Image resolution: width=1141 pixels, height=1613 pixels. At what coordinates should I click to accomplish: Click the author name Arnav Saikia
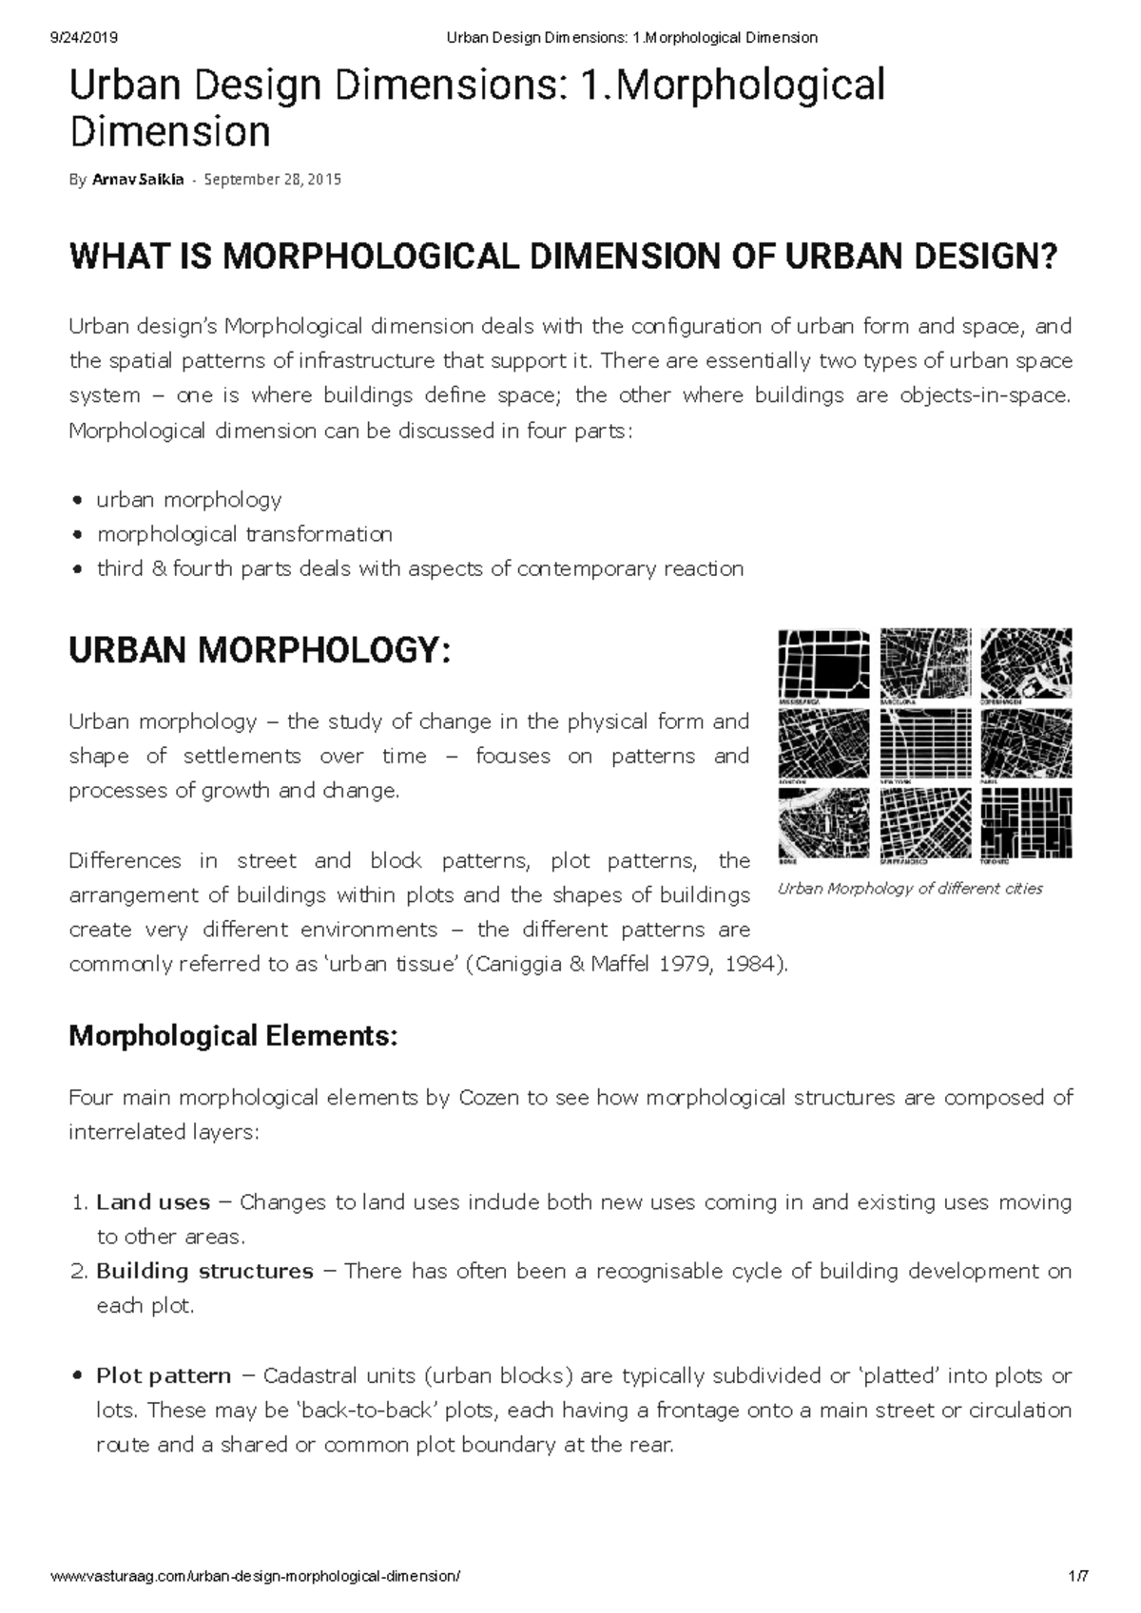[138, 180]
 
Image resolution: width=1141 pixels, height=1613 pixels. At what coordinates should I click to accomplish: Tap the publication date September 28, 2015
[273, 180]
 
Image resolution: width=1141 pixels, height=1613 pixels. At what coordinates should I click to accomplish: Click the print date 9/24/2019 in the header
[83, 37]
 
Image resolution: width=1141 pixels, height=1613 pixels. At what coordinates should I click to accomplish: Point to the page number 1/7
[1078, 1576]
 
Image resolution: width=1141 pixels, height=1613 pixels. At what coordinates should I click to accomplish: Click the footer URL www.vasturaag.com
[256, 1576]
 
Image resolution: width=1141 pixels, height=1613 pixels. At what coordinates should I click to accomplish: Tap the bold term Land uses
[153, 1202]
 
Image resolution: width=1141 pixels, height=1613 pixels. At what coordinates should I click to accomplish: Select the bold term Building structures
[204, 1271]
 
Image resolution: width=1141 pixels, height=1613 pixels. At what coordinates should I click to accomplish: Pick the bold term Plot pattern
[164, 1375]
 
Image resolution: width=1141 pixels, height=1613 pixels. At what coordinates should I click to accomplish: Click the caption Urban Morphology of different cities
[910, 889]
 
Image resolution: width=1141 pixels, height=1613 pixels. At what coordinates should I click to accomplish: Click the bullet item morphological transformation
[244, 534]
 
